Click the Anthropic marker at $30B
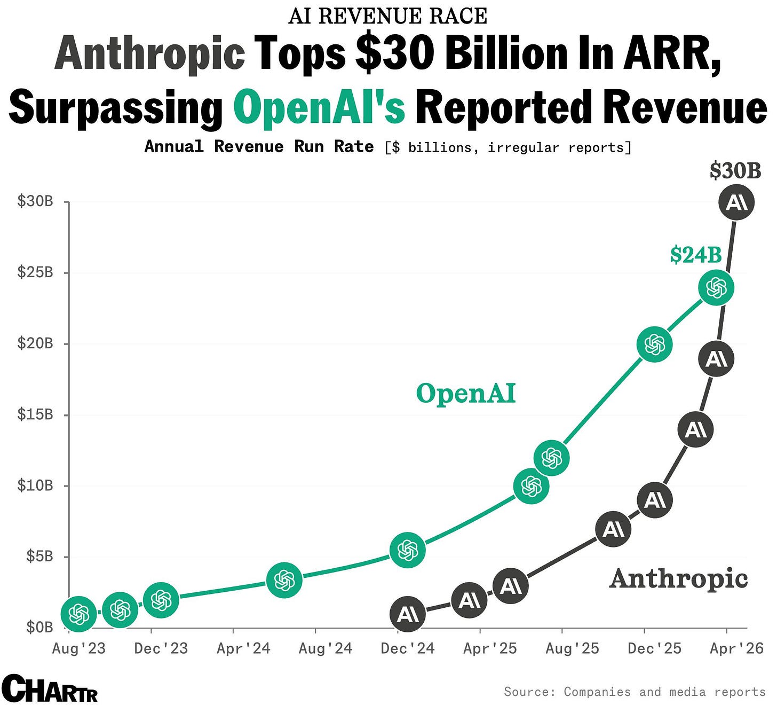pos(736,202)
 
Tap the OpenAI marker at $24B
pos(716,288)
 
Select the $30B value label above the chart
pos(735,171)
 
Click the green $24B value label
pos(696,255)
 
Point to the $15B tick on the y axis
pos(35,414)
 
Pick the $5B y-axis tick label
pos(39,557)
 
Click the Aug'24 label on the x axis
pos(326,648)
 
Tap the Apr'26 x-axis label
pos(737,648)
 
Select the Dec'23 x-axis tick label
pos(161,648)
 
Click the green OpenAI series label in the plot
pos(466,394)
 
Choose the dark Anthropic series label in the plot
pos(678,578)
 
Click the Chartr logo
pos(50,689)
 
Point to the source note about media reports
pos(635,692)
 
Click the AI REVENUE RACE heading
pos(388,16)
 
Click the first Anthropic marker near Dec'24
pos(408,614)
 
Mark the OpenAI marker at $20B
pos(654,344)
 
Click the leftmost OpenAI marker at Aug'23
pos(79,614)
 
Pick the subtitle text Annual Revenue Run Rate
pos(259,147)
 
